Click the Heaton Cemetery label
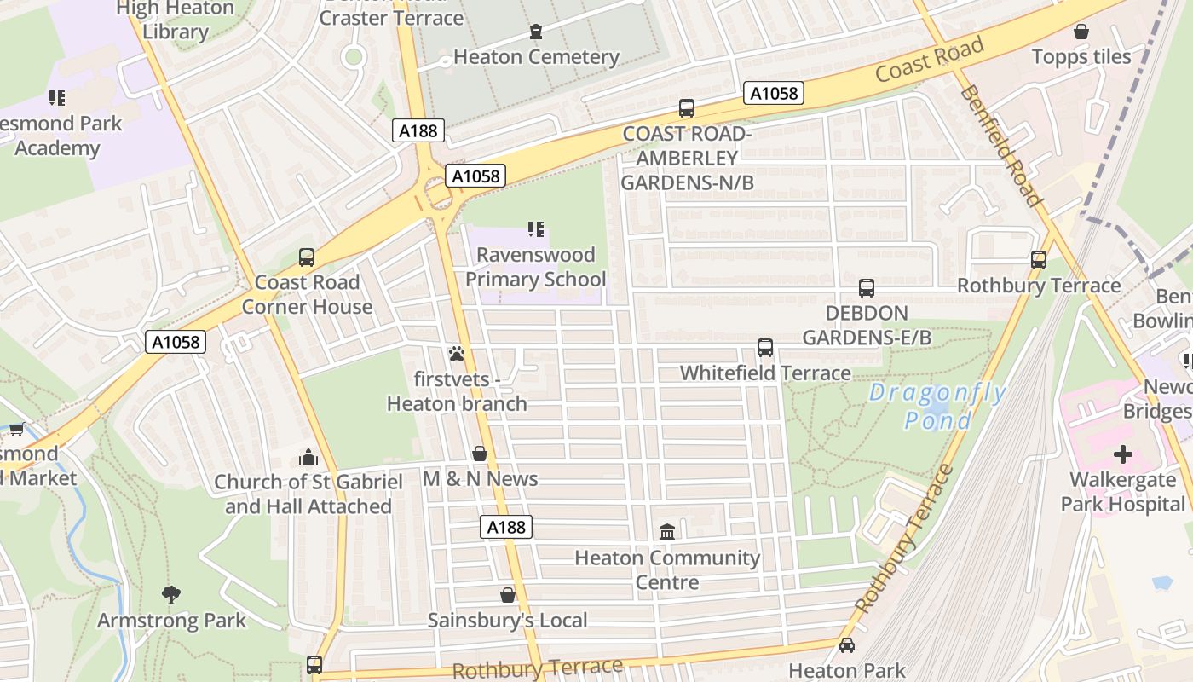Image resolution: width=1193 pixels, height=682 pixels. point(536,57)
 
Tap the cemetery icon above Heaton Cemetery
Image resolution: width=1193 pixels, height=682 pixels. point(536,32)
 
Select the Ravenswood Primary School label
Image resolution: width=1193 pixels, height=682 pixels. point(536,267)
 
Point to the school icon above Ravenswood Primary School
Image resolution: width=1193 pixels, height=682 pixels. point(536,228)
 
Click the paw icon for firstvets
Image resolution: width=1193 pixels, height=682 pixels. point(457,353)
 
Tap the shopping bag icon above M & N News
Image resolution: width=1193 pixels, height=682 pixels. point(480,454)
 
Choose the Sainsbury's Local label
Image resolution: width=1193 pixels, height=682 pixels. point(508,620)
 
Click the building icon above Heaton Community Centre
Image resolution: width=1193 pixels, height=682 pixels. point(667,533)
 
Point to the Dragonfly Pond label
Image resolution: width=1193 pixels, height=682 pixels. point(937,407)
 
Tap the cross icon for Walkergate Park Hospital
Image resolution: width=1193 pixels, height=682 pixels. point(1123,454)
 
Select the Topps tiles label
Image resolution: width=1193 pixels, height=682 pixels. point(1081,57)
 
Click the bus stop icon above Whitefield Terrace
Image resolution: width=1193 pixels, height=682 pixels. point(765,348)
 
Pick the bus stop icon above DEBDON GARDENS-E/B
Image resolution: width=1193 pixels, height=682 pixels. point(867,288)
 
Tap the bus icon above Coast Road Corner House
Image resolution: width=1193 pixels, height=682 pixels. point(307,257)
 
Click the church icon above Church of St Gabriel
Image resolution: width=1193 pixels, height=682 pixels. point(308,458)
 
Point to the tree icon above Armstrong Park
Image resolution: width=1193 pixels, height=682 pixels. point(171,594)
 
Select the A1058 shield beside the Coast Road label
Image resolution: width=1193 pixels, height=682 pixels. point(774,93)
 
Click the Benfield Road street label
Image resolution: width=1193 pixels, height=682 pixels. point(1001,146)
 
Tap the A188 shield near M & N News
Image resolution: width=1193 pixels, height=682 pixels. point(506,527)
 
